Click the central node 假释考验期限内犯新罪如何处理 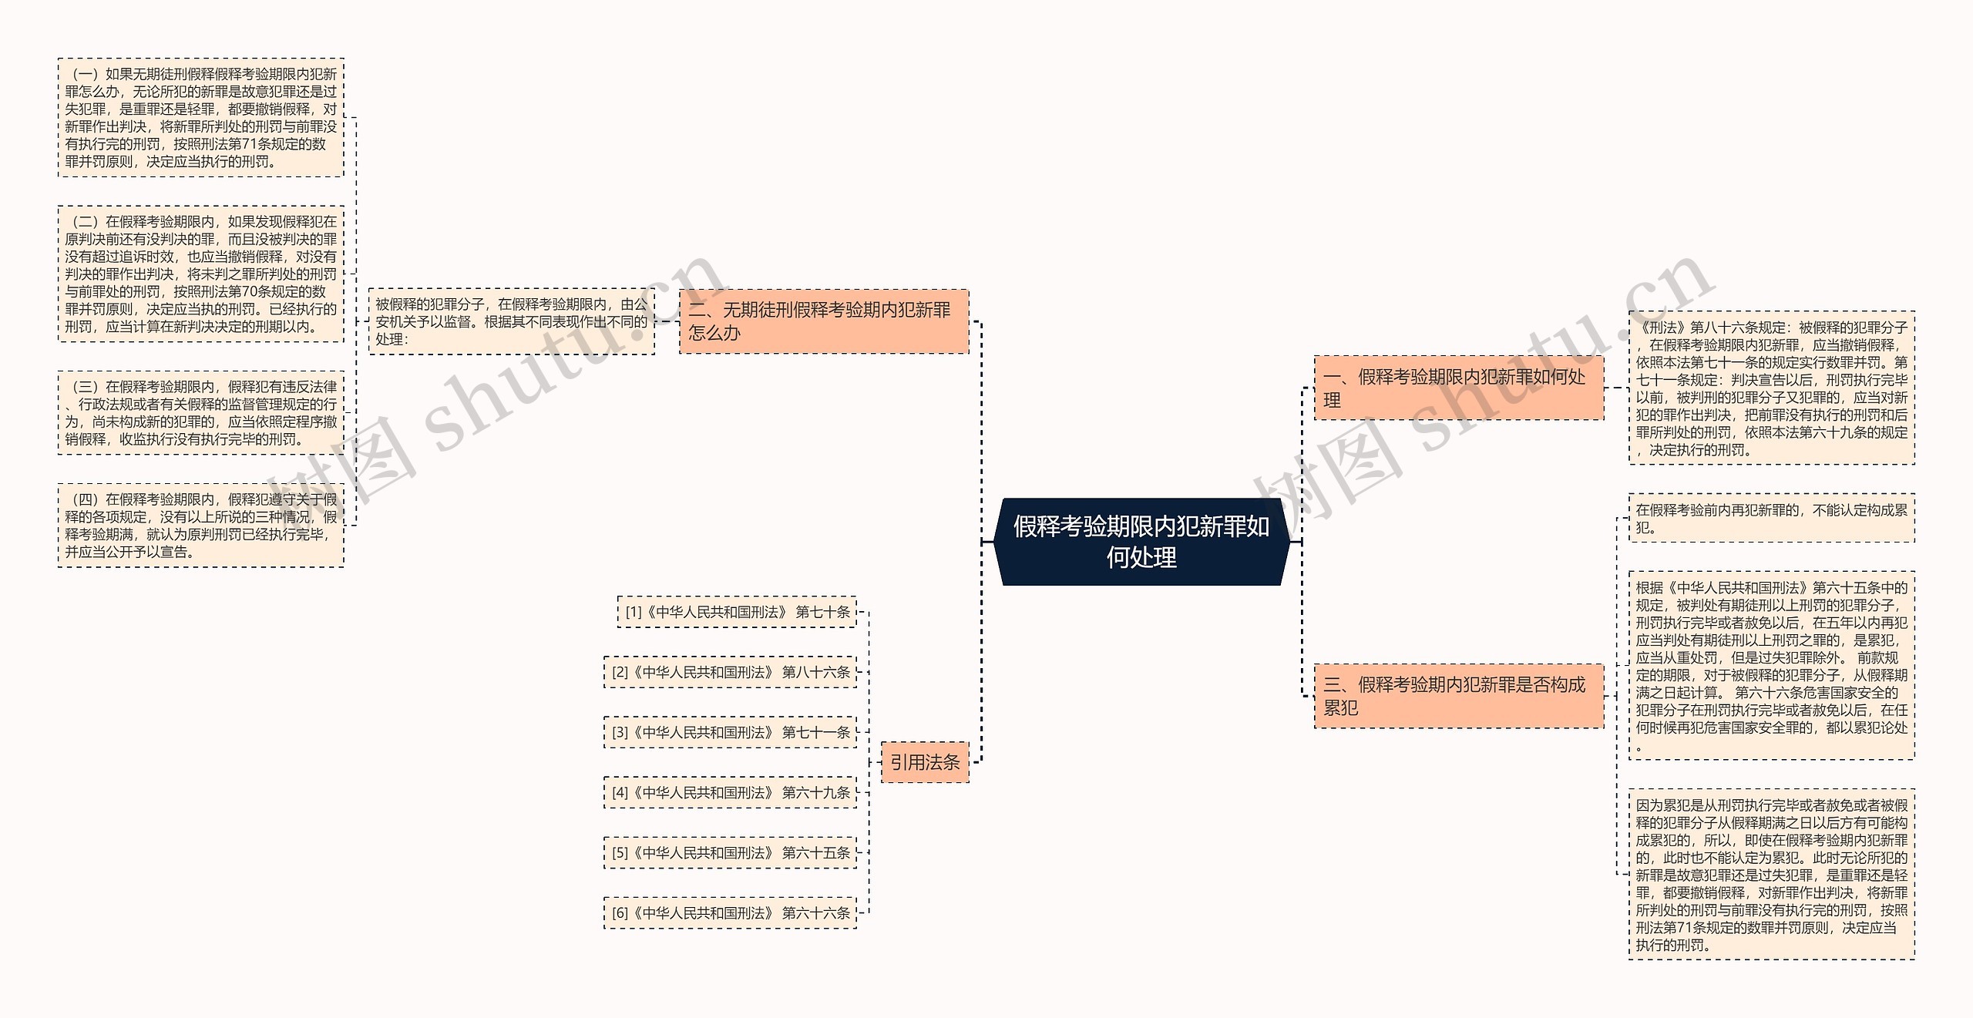coord(1141,542)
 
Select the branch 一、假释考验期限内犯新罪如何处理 coord(1459,388)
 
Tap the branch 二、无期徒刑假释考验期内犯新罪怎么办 coord(824,321)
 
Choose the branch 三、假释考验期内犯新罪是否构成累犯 coord(1459,696)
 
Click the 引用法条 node coord(925,762)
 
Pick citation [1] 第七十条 coord(737,612)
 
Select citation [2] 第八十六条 coord(731,672)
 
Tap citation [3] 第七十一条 coord(731,732)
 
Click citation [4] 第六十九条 coord(731,792)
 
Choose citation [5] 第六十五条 coord(731,852)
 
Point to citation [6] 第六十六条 coord(731,912)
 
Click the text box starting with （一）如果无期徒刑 coord(201,118)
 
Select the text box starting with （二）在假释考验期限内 coord(201,274)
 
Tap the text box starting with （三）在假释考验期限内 coord(201,413)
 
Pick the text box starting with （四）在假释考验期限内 coord(201,526)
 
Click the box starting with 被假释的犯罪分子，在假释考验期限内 coord(512,321)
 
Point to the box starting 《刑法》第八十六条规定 coord(1772,388)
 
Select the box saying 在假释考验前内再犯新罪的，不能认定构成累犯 coord(1772,519)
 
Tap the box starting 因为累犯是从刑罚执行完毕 coord(1772,875)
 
